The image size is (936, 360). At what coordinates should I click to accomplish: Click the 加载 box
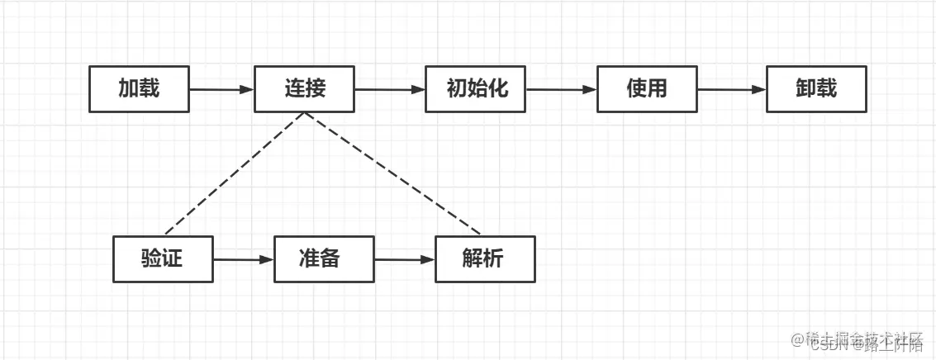139,89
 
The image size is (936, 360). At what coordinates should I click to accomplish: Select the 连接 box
304,89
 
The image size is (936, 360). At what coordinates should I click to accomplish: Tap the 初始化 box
476,89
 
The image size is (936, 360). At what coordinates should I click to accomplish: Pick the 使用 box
647,89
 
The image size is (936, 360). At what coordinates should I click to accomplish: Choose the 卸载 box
816,89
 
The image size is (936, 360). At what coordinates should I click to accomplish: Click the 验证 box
163,259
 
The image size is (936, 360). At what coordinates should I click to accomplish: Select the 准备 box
323,259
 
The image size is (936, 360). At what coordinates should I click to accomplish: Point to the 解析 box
484,259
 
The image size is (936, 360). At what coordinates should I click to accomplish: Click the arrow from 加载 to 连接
221,89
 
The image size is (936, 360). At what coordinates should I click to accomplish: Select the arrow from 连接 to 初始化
389,89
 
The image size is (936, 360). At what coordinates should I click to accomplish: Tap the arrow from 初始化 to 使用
561,89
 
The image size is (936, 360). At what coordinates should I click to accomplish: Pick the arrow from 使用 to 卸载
731,89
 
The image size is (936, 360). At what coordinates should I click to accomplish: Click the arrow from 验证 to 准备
243,259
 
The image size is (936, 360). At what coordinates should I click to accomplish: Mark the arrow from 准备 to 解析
404,259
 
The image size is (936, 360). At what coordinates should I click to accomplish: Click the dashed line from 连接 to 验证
235,173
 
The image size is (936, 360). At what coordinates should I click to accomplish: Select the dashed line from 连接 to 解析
392,173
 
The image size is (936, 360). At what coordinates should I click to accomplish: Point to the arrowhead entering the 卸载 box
759,89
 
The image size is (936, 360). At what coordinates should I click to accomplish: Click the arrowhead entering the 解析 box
428,259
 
